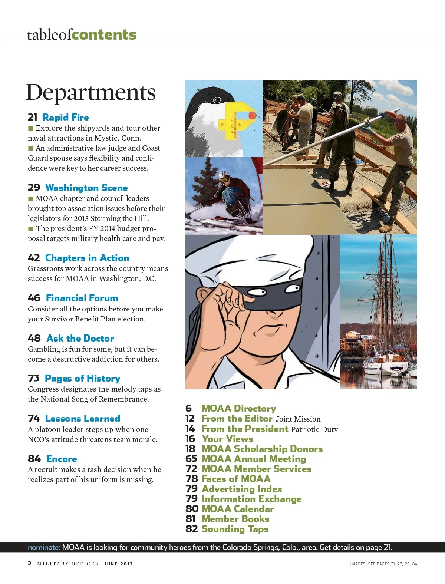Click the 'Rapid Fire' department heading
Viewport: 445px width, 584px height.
(x=65, y=118)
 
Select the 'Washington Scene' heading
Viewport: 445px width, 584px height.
(x=86, y=188)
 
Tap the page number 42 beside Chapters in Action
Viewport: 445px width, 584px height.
(x=34, y=258)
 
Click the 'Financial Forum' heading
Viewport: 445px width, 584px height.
(x=82, y=298)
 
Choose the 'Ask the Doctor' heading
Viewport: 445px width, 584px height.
(x=80, y=338)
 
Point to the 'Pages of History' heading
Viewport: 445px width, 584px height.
(x=82, y=379)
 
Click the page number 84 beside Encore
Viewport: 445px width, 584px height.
(x=34, y=459)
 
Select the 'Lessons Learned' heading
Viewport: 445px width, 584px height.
(x=82, y=419)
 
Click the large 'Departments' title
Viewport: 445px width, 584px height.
(x=90, y=92)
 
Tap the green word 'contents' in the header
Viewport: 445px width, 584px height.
(x=104, y=34)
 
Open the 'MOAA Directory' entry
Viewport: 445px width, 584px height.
(x=238, y=408)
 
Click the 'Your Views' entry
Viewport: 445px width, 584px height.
(x=227, y=439)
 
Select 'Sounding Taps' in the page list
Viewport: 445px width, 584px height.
(x=235, y=529)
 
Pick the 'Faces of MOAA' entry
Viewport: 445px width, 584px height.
(x=236, y=479)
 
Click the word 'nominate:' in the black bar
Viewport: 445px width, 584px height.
(x=44, y=547)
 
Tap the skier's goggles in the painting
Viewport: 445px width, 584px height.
(x=224, y=180)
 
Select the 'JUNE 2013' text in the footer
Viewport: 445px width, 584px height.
(x=118, y=564)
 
